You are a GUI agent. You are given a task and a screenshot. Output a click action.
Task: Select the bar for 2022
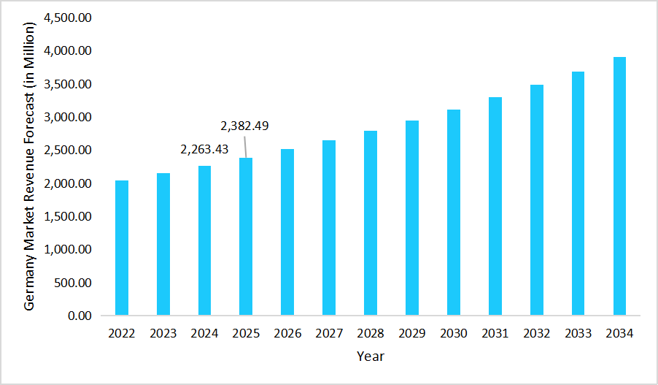[x=122, y=248]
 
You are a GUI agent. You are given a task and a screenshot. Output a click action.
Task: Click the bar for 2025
[x=246, y=237]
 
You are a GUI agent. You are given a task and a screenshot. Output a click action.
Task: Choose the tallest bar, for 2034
[x=619, y=186]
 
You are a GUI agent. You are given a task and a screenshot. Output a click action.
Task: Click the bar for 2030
[x=454, y=213]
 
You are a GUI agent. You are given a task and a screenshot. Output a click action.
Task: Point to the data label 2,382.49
[x=244, y=126]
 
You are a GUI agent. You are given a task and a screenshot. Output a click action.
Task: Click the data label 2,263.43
[x=204, y=149]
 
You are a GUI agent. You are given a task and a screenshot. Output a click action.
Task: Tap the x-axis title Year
[x=371, y=357]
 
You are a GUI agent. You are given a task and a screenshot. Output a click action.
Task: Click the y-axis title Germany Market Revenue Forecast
[x=29, y=167]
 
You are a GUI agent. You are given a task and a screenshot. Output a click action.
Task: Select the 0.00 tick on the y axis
[x=78, y=316]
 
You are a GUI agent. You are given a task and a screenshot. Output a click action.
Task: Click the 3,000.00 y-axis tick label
[x=68, y=118]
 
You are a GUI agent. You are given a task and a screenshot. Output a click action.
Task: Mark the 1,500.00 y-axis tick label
[x=68, y=216]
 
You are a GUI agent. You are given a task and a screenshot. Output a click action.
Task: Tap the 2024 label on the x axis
[x=204, y=334]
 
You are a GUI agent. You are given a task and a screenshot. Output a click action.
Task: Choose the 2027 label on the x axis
[x=329, y=334]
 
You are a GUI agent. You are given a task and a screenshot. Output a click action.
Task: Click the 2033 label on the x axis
[x=578, y=334]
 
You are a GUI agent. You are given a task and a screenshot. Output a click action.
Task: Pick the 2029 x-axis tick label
[x=412, y=334]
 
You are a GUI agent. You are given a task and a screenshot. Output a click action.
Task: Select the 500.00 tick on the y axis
[x=72, y=283]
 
